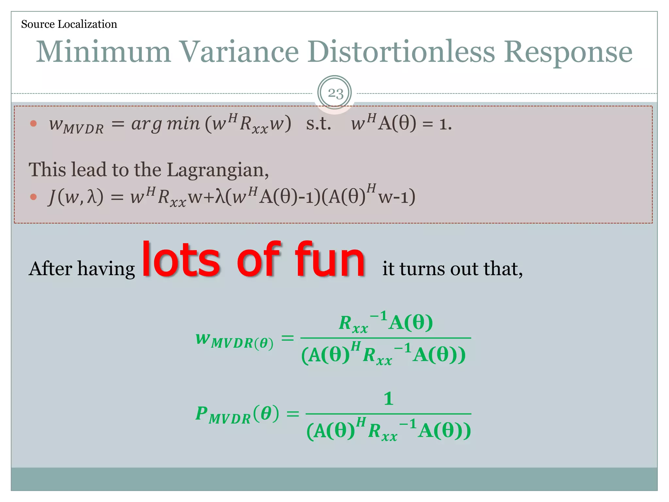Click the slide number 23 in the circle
click(x=335, y=93)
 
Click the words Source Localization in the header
click(x=69, y=24)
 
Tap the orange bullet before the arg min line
click(x=33, y=124)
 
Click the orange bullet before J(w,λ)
click(x=33, y=197)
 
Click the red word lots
click(x=181, y=260)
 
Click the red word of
click(x=258, y=260)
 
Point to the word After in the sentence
click(x=50, y=269)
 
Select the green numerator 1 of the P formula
click(x=388, y=399)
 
